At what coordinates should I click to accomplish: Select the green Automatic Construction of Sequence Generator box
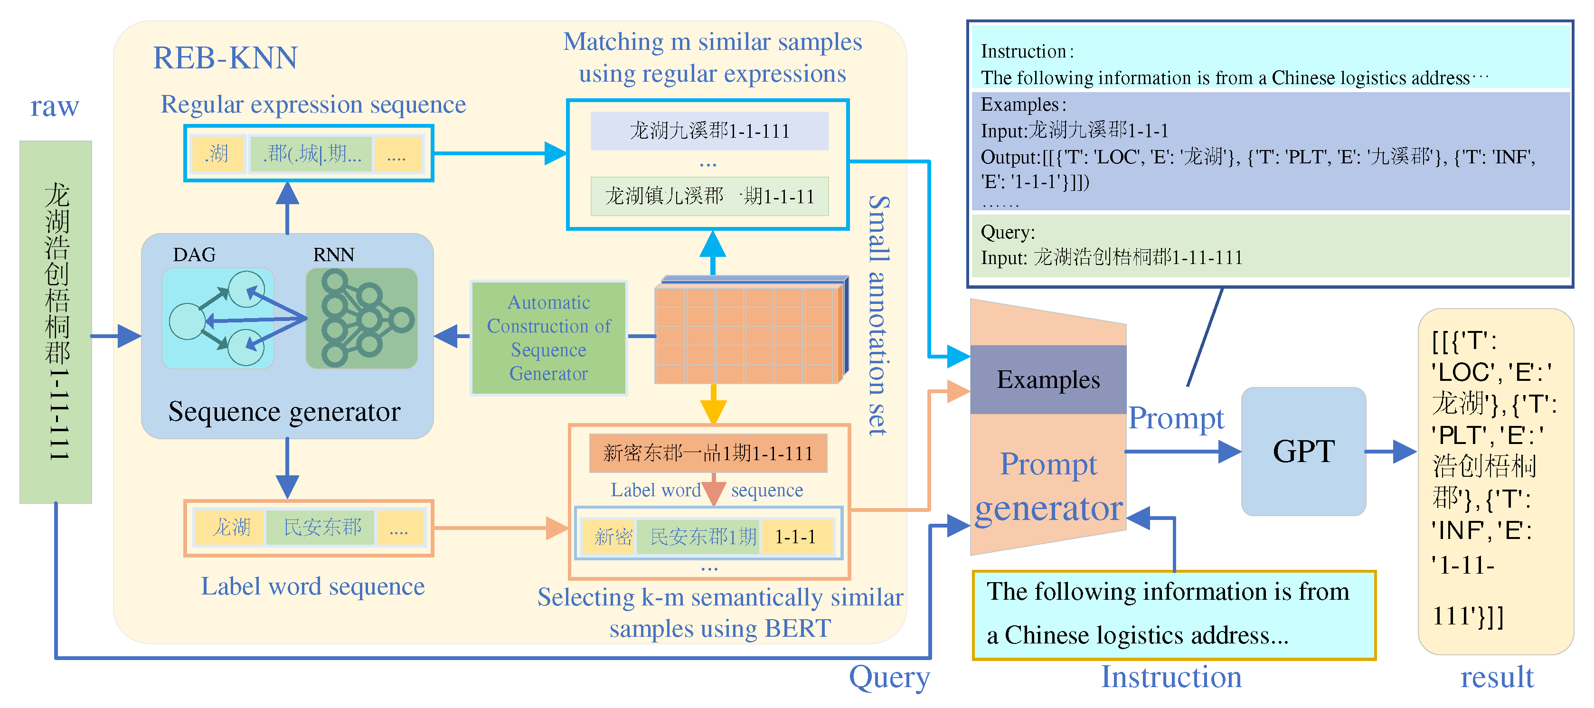[x=548, y=338]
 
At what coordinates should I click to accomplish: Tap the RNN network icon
[x=362, y=318]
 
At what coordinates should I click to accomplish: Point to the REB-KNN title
[x=225, y=58]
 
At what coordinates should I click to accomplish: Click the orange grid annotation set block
[x=747, y=334]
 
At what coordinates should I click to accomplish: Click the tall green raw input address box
[x=56, y=322]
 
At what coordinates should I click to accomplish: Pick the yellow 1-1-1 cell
[x=796, y=537]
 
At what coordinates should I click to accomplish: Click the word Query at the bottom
[x=888, y=677]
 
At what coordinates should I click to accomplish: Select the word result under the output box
[x=1496, y=677]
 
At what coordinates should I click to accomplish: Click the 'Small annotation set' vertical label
[x=877, y=316]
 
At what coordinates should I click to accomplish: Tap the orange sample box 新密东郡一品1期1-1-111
[x=707, y=453]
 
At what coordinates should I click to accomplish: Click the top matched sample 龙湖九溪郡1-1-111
[x=709, y=131]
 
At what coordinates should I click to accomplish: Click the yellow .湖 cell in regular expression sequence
[x=217, y=153]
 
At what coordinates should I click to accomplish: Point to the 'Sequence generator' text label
[x=284, y=412]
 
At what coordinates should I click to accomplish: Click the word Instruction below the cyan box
[x=1171, y=677]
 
